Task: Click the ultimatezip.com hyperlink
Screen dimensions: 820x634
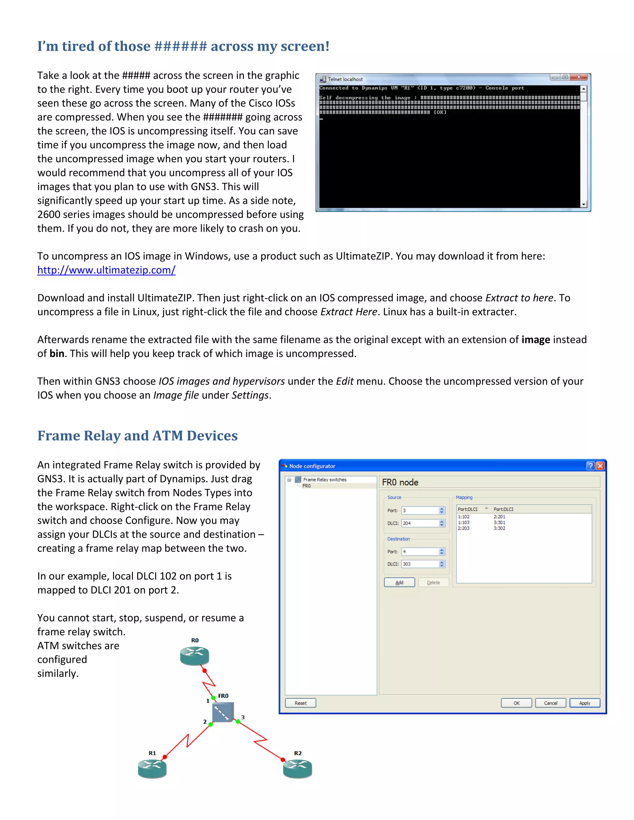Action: (106, 270)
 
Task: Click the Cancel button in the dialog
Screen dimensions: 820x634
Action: (550, 703)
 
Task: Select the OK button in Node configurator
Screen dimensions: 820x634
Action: (516, 703)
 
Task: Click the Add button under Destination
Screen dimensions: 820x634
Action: (399, 582)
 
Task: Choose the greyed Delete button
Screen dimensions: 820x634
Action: (433, 582)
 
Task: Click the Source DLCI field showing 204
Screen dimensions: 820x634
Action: (419, 523)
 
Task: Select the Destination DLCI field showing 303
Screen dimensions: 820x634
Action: (419, 564)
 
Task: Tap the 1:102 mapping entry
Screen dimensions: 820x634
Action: (463, 517)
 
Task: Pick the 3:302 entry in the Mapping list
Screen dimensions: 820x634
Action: (499, 528)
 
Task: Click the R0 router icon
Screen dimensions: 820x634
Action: (194, 656)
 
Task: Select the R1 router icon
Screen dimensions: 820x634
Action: (152, 768)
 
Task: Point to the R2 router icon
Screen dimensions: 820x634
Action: (297, 768)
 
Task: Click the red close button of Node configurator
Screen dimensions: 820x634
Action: (600, 466)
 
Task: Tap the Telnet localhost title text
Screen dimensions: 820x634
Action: (345, 79)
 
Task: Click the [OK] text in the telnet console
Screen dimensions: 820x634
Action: (440, 112)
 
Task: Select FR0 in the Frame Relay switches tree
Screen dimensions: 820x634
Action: (306, 486)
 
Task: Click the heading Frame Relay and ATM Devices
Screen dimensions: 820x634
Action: (137, 436)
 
